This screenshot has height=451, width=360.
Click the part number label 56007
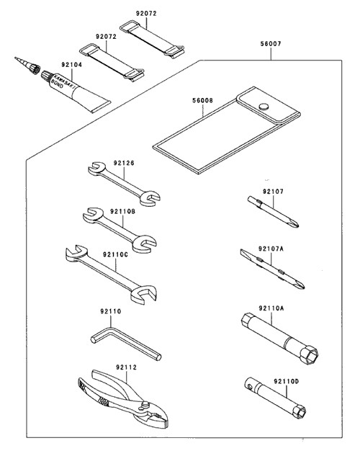tap(271, 44)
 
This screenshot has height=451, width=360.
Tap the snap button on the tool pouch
tap(264, 107)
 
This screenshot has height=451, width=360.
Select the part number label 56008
tap(203, 100)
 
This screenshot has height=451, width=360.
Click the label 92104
tap(71, 65)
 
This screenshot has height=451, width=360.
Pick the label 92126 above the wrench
tap(124, 163)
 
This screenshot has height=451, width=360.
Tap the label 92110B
tap(122, 211)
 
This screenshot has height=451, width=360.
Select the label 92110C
tap(116, 254)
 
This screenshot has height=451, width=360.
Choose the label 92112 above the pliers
tap(127, 367)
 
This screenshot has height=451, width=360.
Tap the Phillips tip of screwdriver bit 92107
tap(294, 223)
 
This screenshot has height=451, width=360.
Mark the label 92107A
tap(271, 249)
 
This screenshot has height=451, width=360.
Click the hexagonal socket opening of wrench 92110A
tap(310, 357)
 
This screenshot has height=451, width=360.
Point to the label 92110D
tap(287, 381)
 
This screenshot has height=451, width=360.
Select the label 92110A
tap(271, 308)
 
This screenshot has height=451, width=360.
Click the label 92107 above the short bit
tap(273, 191)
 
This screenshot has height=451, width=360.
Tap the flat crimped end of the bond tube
tap(101, 107)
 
